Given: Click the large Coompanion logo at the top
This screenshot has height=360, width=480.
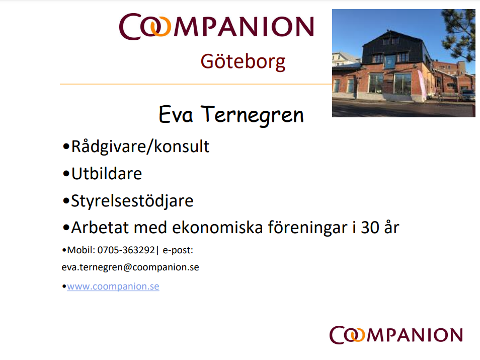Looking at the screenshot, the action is pos(216,26).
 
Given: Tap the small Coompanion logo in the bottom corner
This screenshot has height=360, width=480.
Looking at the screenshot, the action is pos(396,335).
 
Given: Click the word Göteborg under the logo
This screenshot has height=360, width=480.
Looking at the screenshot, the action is pos(243,62).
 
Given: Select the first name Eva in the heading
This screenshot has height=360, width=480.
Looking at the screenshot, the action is pos(176,115).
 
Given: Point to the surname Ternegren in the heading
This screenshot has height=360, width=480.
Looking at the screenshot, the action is pos(252,115).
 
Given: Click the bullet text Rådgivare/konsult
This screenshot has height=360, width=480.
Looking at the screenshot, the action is pos(140,147).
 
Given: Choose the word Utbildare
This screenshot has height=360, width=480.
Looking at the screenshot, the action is pos(107,174).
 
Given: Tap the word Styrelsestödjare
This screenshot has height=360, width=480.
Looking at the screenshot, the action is pos(132,201).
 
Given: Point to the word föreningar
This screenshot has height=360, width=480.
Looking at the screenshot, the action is pos(307,228).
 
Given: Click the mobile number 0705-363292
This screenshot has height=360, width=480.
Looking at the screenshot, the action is pos(126,250).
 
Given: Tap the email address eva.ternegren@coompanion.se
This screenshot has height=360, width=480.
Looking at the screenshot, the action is pos(130,267).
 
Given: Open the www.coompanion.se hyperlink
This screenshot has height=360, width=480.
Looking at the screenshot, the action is pos(113,286).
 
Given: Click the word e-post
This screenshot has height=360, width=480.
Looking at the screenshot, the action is pos(178,250).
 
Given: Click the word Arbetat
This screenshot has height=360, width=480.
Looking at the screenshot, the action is pos(100,228).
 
